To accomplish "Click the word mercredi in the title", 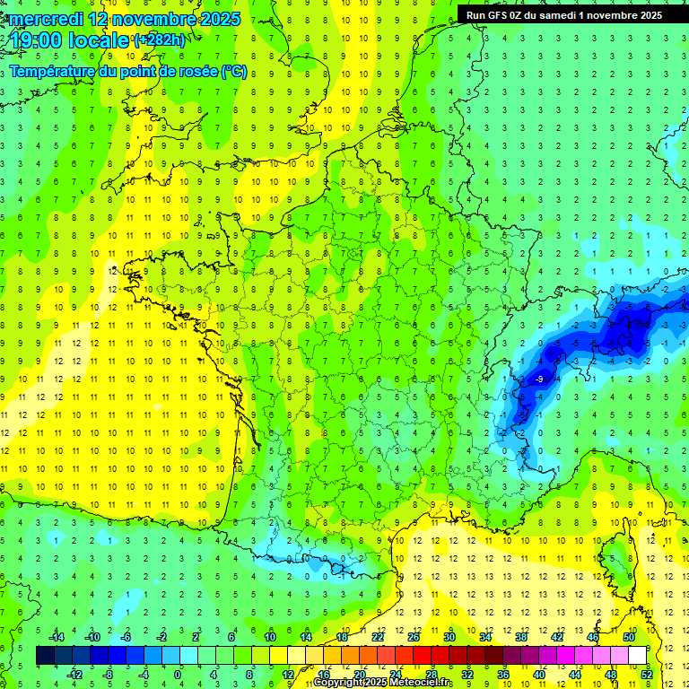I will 45,19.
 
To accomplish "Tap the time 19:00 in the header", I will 35,40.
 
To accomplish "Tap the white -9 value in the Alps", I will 538,380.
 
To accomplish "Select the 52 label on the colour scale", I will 647,675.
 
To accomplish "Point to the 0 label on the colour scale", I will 179,675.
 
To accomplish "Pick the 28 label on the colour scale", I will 432,675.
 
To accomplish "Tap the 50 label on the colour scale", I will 629,637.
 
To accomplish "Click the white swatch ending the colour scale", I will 637,656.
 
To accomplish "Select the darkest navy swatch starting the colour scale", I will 45,656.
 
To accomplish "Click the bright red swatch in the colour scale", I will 422,656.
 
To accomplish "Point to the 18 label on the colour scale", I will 342,637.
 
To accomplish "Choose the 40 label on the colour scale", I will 539,675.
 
